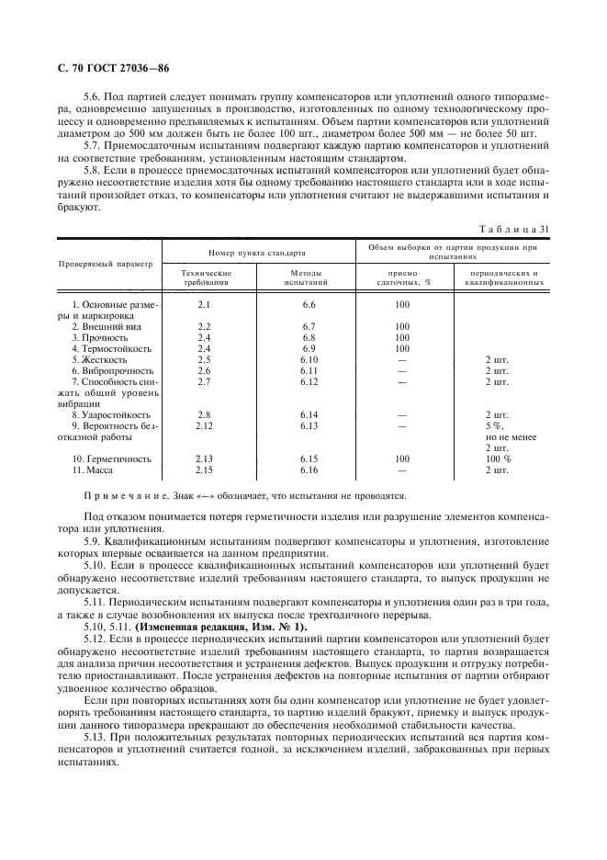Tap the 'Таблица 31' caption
(519, 230)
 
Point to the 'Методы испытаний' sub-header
(308, 277)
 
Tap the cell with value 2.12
(205, 425)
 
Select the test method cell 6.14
(308, 414)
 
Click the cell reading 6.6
(308, 304)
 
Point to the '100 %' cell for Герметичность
(498, 458)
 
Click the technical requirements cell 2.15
(205, 470)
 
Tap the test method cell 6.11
(308, 370)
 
